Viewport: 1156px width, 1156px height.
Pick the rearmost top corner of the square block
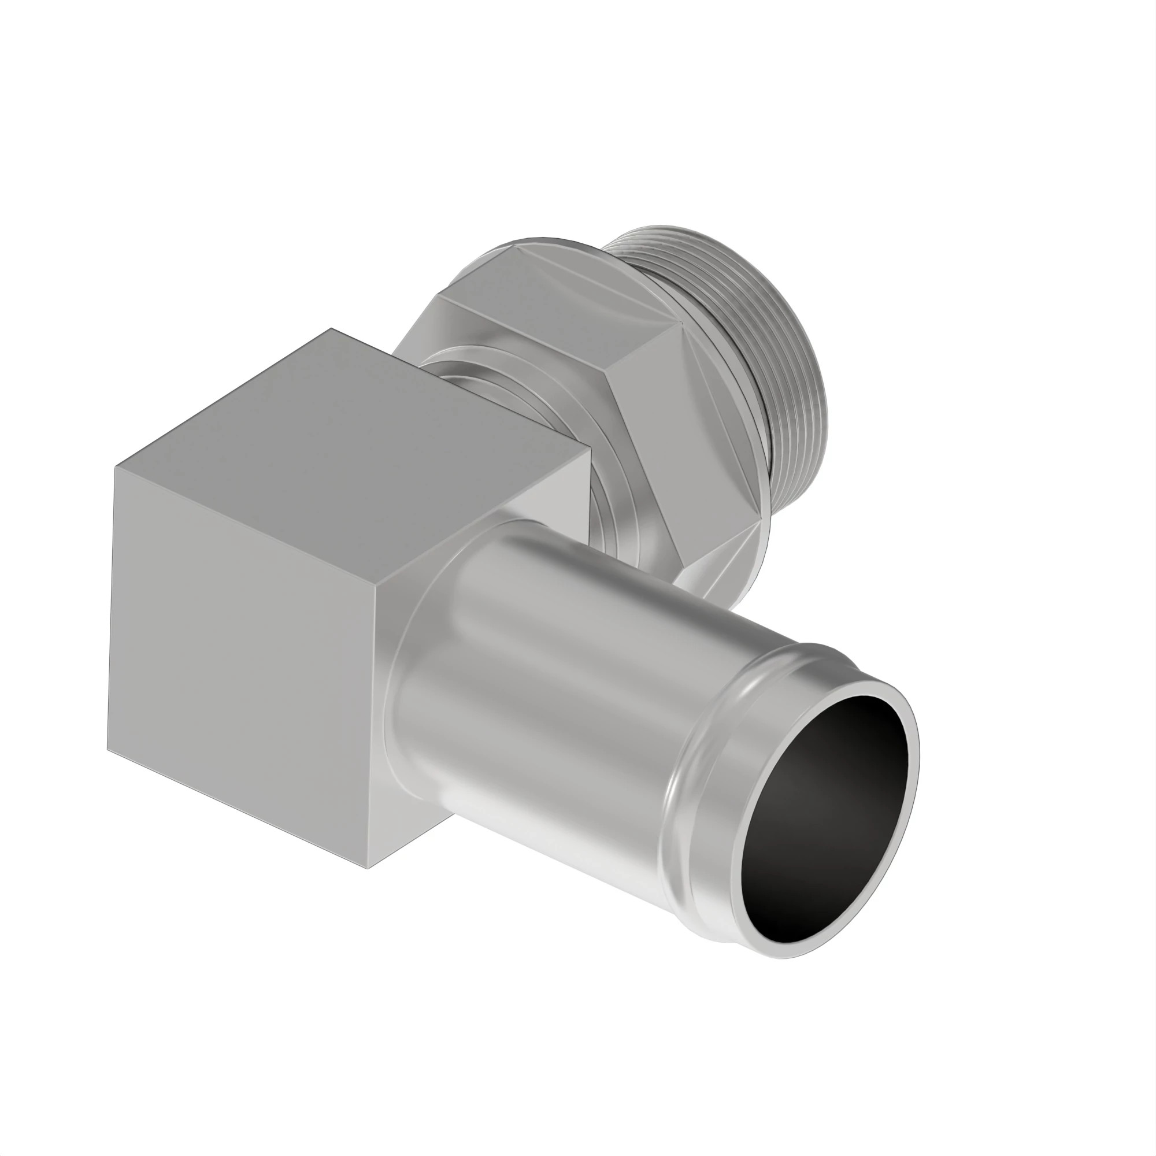pos(333,328)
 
